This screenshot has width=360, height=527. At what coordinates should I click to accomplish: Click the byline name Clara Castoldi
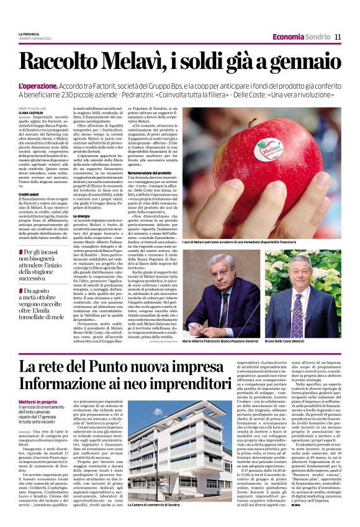[31, 112]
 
